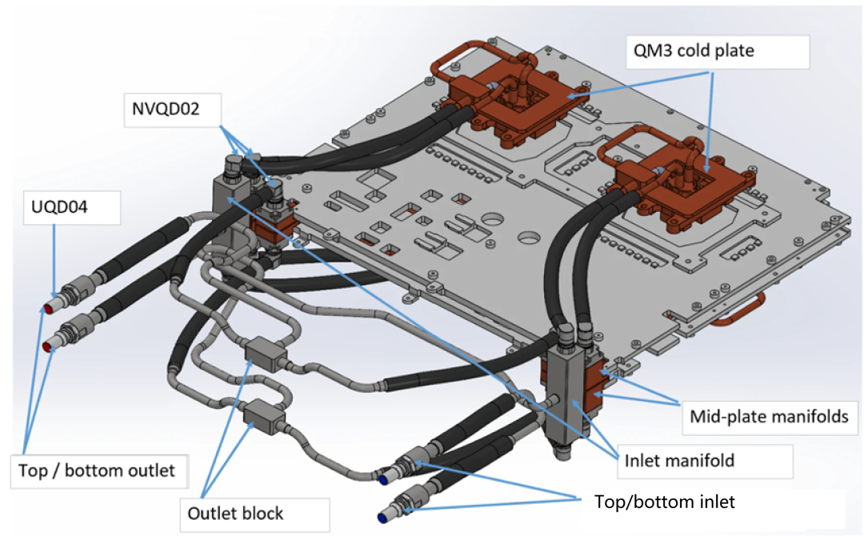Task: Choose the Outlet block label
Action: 235,512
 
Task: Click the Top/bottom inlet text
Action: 665,502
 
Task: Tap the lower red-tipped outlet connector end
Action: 49,346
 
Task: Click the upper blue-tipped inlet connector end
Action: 386,478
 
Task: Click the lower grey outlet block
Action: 261,412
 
